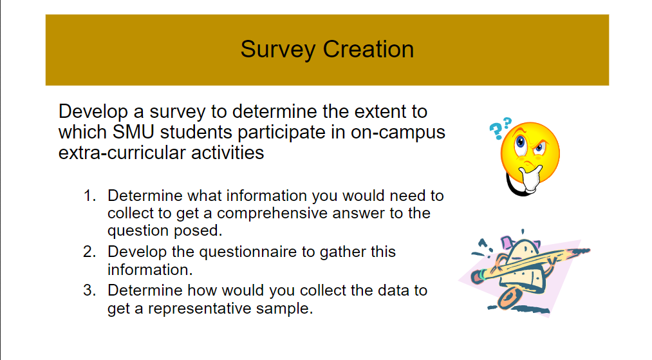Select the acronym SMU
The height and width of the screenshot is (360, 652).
point(131,132)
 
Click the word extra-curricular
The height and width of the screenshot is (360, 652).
point(115,153)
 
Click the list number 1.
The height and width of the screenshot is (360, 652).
point(89,195)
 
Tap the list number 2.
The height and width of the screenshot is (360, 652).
point(89,251)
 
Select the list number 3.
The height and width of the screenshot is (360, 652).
point(89,290)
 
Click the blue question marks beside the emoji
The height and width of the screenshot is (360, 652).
point(499,128)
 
